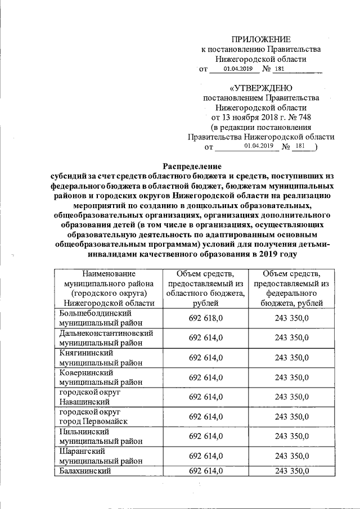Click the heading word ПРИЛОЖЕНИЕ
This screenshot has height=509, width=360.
click(x=262, y=39)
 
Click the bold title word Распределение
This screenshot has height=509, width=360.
click(x=192, y=166)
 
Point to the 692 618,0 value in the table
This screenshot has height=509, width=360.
click(x=206, y=318)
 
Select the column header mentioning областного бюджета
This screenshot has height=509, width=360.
click(x=206, y=289)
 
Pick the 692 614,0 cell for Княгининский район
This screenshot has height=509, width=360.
click(x=206, y=358)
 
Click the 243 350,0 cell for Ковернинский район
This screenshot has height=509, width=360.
click(x=292, y=377)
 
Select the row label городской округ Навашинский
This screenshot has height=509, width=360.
click(x=90, y=397)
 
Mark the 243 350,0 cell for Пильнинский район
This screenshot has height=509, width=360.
click(x=292, y=436)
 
